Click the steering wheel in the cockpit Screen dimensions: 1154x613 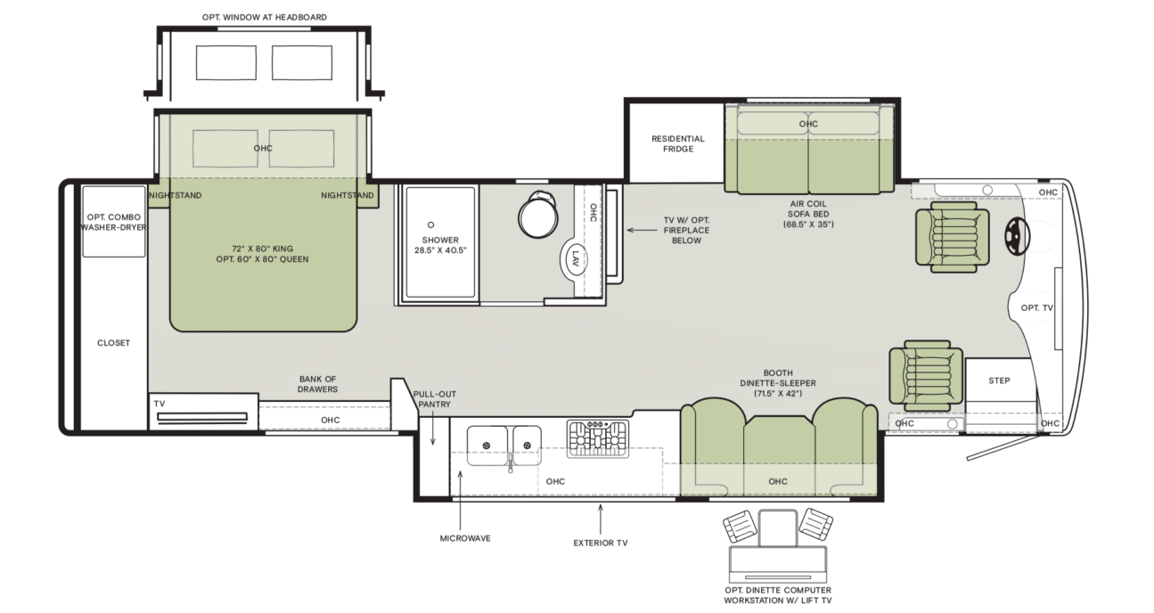[1017, 236]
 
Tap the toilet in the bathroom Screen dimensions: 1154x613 [538, 215]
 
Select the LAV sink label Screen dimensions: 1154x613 [576, 258]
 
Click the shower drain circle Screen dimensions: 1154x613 [430, 225]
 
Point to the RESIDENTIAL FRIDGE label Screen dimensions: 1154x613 [678, 143]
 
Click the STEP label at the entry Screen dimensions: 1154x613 [999, 380]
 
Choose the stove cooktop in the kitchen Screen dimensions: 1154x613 [598, 439]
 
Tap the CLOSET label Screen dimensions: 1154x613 [114, 343]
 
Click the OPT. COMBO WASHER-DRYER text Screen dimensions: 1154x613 [113, 222]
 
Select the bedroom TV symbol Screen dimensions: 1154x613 [202, 418]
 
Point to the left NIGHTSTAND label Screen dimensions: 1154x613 [176, 196]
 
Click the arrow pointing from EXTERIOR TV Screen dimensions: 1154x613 [601, 519]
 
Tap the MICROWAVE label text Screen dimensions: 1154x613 [465, 538]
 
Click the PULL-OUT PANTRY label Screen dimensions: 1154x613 [434, 399]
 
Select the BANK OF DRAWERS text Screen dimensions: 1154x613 [317, 384]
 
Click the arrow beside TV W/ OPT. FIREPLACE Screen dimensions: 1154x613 [642, 230]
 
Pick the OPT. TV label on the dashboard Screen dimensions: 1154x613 [1037, 308]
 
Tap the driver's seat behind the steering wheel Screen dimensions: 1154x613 [952, 237]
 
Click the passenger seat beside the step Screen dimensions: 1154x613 [926, 375]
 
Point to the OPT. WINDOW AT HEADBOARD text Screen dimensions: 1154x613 [265, 18]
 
